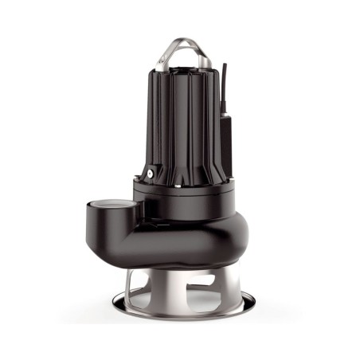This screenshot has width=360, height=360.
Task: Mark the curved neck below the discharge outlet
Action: click(x=132, y=239)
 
